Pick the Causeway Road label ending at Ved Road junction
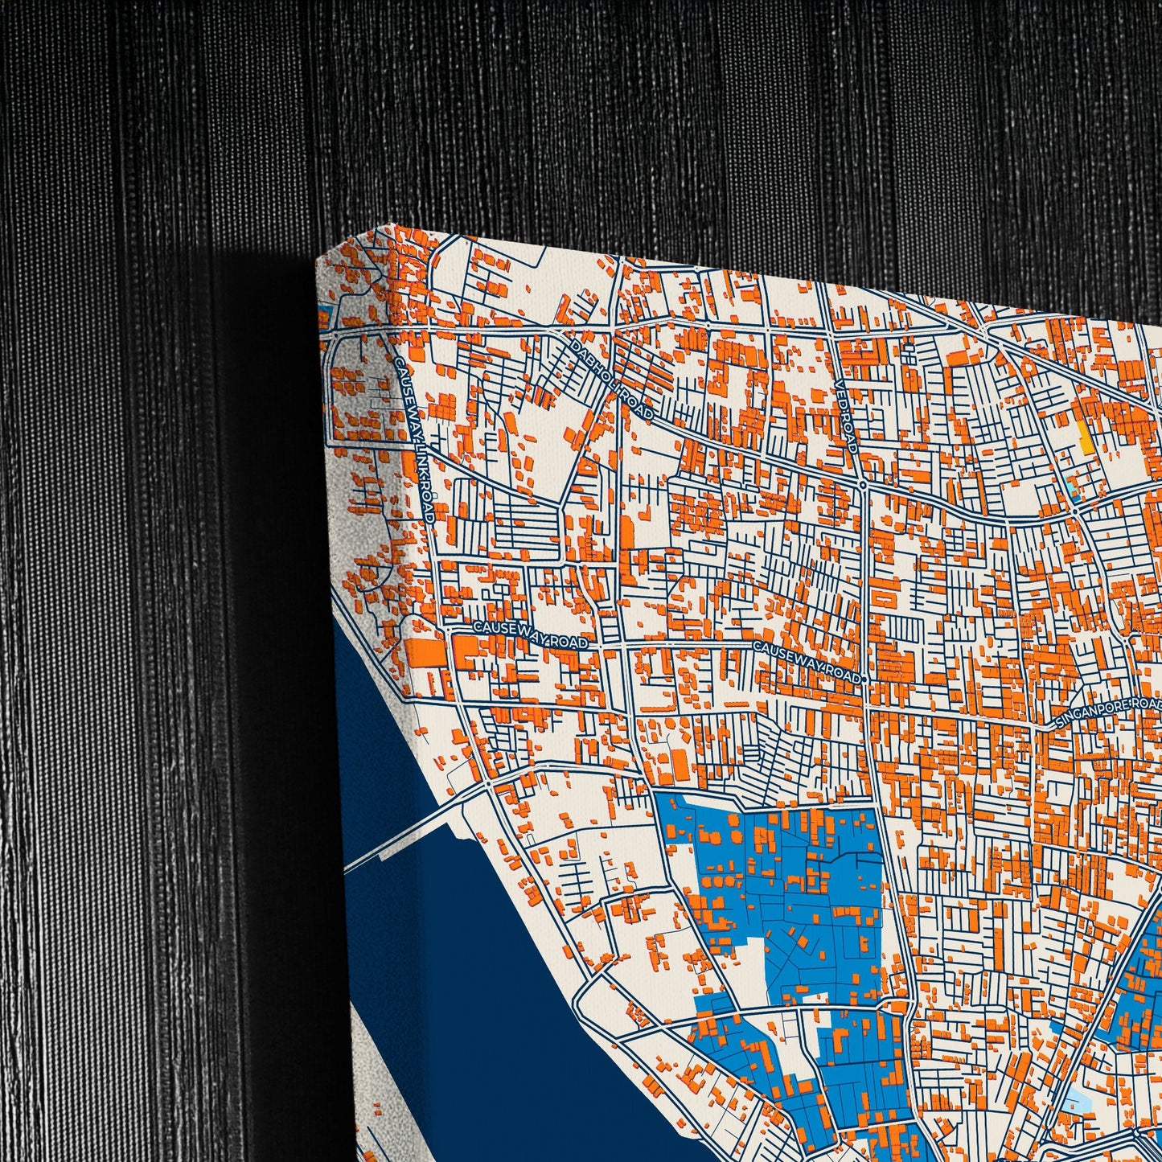(807, 662)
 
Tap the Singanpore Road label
(1108, 714)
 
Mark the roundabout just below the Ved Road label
(861, 485)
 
